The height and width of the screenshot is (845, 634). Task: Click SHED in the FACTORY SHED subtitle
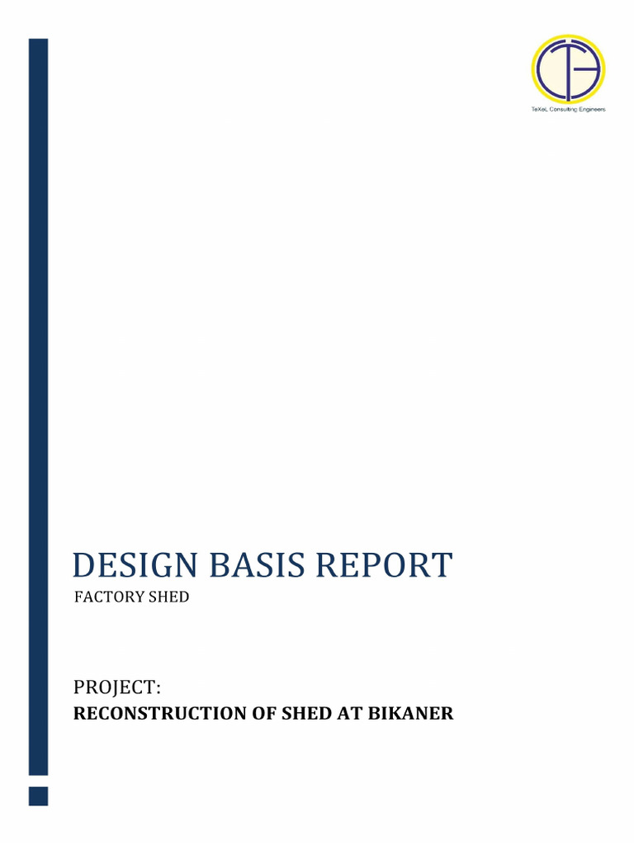tap(168, 597)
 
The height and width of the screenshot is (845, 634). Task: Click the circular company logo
tap(568, 69)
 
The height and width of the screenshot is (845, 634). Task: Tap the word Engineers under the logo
tap(594, 110)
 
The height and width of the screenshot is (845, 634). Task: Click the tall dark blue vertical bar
tap(38, 404)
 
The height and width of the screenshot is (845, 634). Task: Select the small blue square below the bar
tap(38, 796)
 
